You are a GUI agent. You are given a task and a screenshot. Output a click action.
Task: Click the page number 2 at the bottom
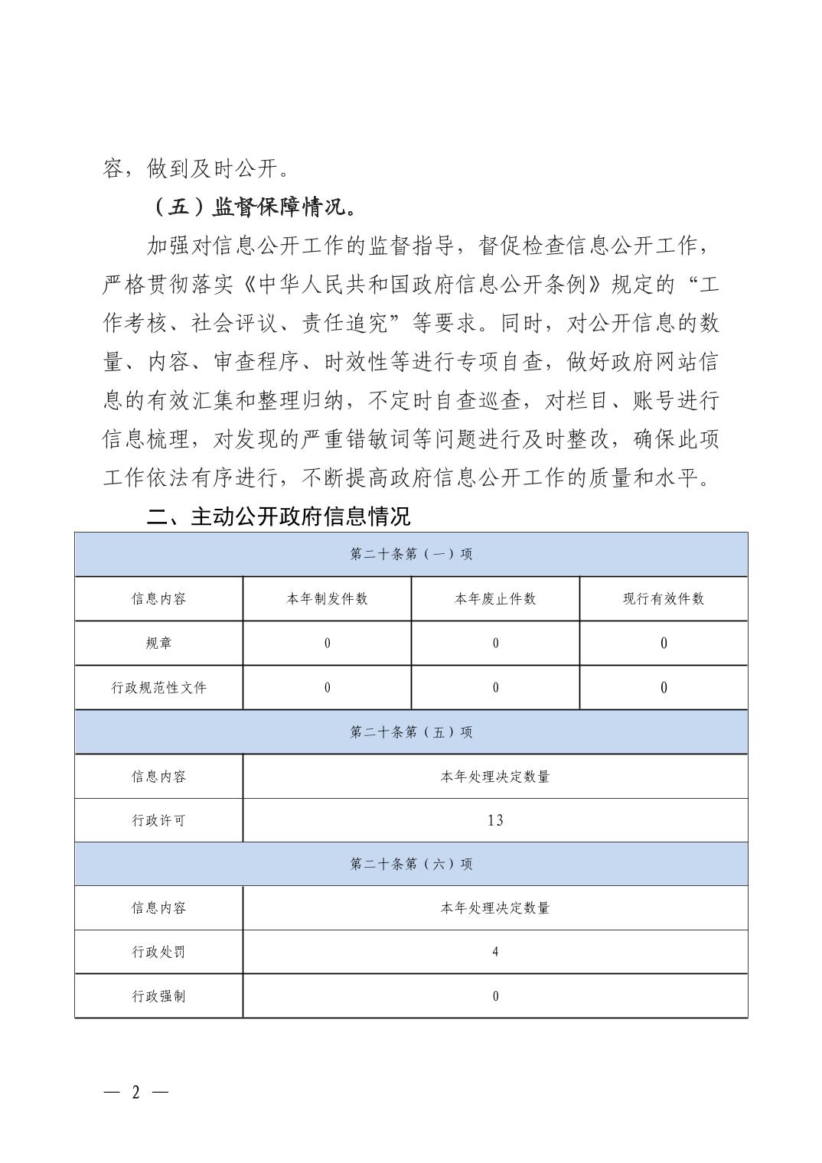point(136,1092)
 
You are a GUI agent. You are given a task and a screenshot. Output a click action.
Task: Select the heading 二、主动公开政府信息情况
point(278,516)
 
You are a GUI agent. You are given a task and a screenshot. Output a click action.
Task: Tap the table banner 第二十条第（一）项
point(411,554)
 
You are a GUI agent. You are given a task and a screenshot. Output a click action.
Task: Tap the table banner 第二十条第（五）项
point(411,732)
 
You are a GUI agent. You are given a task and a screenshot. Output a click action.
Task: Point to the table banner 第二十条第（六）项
point(411,864)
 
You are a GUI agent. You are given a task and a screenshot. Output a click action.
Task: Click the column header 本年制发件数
point(327,598)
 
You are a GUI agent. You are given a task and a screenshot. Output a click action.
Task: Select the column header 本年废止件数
point(495,598)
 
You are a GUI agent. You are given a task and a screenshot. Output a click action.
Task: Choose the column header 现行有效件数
point(664,598)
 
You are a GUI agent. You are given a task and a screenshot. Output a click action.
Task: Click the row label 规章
point(158,643)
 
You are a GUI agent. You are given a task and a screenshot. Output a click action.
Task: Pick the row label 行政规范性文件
point(158,687)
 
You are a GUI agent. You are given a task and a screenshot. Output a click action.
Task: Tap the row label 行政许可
point(158,820)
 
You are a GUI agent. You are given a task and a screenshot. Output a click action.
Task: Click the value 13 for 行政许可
point(495,820)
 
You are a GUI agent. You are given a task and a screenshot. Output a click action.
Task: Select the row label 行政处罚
point(158,952)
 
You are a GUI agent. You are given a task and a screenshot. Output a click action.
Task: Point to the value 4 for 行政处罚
point(495,952)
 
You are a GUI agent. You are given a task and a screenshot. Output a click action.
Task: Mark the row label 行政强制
point(158,996)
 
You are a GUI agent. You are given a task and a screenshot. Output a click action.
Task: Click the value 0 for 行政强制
point(495,996)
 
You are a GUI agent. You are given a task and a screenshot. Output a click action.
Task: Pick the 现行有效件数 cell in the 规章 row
point(664,643)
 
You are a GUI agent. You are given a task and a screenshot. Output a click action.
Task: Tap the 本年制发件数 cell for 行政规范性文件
point(327,687)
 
